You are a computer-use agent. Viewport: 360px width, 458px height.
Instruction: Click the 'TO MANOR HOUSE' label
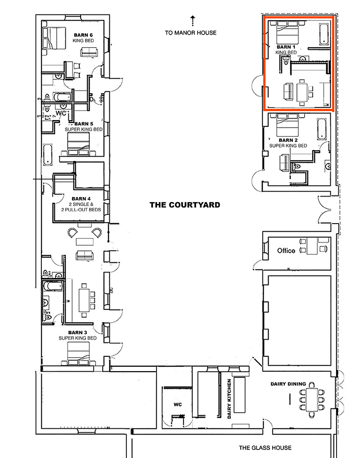click(x=190, y=32)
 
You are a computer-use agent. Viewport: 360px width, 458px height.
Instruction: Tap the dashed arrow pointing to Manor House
click(x=192, y=20)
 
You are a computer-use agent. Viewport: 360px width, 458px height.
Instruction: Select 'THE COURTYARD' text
click(x=185, y=205)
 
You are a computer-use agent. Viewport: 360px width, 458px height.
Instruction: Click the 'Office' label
click(x=286, y=251)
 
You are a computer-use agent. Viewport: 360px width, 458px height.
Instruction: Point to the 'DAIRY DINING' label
click(x=288, y=384)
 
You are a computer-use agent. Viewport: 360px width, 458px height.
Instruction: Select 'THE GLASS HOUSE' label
click(x=265, y=447)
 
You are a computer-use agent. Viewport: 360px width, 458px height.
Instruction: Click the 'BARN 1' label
click(x=286, y=47)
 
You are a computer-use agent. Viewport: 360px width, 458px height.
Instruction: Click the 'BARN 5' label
click(x=84, y=124)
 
